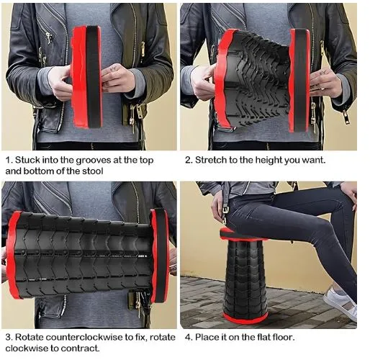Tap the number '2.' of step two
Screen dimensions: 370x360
coord(189,160)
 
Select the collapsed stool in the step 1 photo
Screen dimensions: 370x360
coord(87,77)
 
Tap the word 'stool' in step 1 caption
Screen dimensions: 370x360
coord(93,171)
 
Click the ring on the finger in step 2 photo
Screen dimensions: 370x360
coord(322,89)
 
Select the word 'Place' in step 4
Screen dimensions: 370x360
coord(207,337)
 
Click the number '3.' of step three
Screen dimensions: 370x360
coord(9,337)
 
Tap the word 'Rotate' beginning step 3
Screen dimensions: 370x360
coord(30,337)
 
